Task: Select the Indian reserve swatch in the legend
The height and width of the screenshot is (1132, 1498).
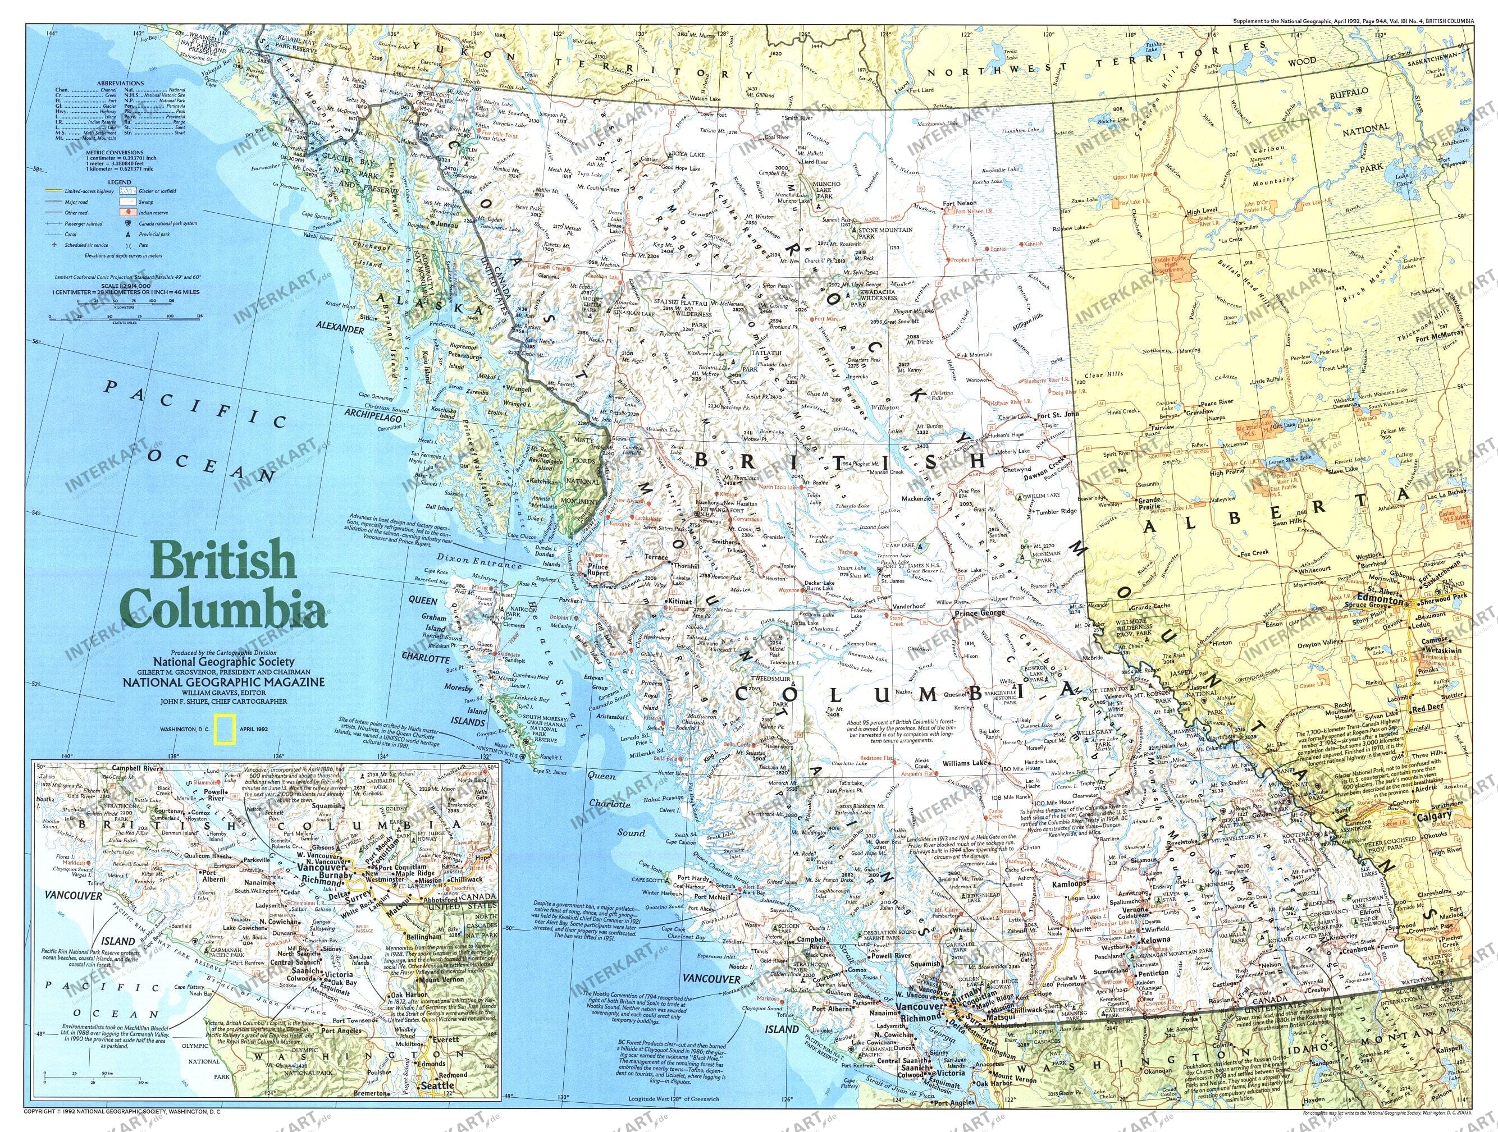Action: tap(129, 213)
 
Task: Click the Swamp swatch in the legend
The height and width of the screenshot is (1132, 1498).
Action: tap(129, 201)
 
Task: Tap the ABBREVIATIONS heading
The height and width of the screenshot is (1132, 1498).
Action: tap(121, 83)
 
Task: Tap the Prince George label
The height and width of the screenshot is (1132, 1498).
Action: tap(980, 614)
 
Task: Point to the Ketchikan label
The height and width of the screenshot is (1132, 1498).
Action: tap(543, 482)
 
